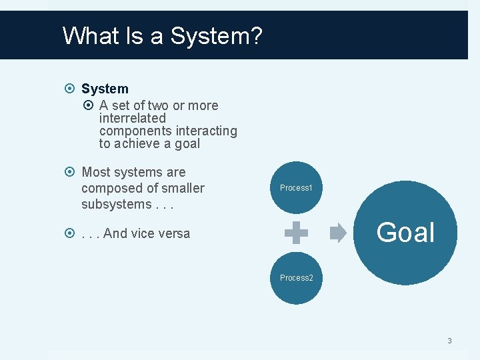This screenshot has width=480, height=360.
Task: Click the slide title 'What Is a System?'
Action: click(162, 35)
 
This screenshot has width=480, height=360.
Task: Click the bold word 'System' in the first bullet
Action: click(105, 89)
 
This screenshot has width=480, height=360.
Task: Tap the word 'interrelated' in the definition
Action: click(132, 118)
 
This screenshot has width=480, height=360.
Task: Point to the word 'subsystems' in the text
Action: click(114, 204)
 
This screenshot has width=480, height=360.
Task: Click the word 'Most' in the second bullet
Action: click(95, 173)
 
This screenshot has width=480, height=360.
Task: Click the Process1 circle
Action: click(296, 188)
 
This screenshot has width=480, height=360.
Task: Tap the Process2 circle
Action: click(296, 277)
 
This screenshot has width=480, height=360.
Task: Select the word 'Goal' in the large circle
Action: click(405, 233)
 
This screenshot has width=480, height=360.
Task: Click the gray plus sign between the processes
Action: click(296, 233)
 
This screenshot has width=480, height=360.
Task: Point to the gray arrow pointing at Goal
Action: click(338, 233)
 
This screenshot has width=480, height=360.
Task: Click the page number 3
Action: click(449, 341)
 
